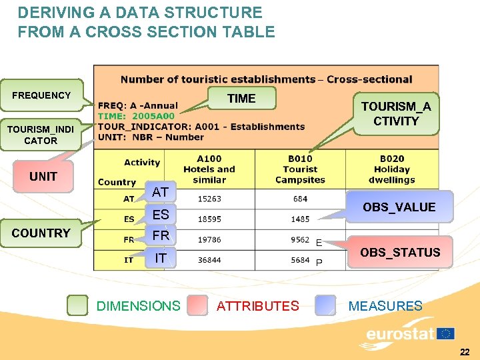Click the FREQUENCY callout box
coord(41,95)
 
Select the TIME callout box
coord(241,99)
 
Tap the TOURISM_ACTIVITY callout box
coord(396,114)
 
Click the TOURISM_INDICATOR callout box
coord(41,135)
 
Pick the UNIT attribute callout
coord(43,177)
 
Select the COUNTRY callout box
coord(41,233)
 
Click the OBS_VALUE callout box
coord(399,207)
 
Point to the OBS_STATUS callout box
coord(400,252)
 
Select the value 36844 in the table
coord(209,260)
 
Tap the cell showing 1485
coord(299,219)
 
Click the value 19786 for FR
coord(209,240)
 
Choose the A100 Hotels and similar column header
coord(209,169)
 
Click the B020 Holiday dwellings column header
coord(392,169)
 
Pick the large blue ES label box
coord(161,214)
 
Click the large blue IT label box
coord(161,257)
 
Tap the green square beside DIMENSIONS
coord(78,305)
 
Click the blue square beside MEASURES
coord(326,305)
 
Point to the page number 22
coord(465,351)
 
